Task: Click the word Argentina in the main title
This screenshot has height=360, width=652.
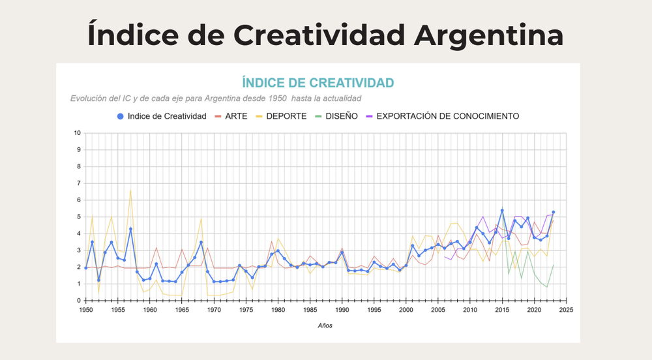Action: point(488,35)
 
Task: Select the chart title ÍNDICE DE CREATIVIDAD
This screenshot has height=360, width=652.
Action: point(318,83)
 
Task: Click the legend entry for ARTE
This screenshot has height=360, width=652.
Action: point(240,116)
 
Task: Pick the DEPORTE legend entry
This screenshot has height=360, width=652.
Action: point(288,116)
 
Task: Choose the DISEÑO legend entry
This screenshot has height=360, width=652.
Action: point(342,116)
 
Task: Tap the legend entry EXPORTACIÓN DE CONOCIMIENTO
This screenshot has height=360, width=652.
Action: point(447,116)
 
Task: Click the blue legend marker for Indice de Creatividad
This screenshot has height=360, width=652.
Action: point(119,116)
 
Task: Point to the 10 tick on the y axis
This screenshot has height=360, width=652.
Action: point(78,133)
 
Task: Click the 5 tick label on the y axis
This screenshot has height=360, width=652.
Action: point(79,217)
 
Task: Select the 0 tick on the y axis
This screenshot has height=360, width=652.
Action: point(79,301)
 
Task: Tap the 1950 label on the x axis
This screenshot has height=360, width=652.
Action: point(85,310)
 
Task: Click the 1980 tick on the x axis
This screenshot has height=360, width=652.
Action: point(278,310)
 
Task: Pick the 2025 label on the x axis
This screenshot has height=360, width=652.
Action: point(567,310)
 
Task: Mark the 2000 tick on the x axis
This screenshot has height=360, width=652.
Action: point(406,310)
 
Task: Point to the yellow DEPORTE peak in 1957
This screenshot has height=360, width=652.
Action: point(130,189)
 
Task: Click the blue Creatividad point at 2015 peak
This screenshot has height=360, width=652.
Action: point(502,211)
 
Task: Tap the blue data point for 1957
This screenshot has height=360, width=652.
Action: point(130,229)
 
